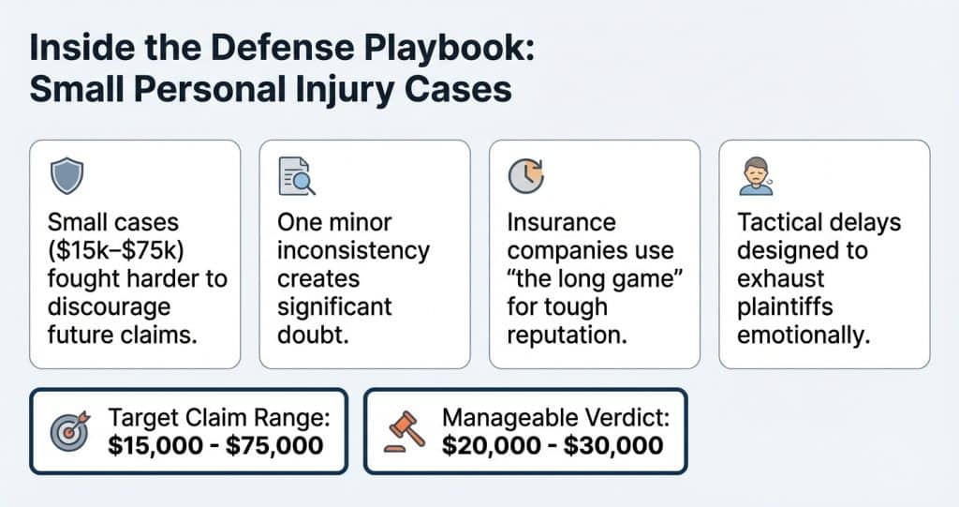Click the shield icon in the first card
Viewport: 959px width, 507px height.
click(66, 175)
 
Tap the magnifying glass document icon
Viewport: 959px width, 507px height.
click(296, 175)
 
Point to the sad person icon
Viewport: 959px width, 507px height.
click(754, 176)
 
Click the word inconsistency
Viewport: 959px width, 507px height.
click(353, 251)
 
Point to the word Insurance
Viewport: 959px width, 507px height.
click(561, 223)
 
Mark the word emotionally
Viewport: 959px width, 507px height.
click(804, 335)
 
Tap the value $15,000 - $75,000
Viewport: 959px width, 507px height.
click(215, 445)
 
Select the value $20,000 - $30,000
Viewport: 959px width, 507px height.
click(553, 445)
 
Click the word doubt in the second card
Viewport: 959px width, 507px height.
click(312, 335)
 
